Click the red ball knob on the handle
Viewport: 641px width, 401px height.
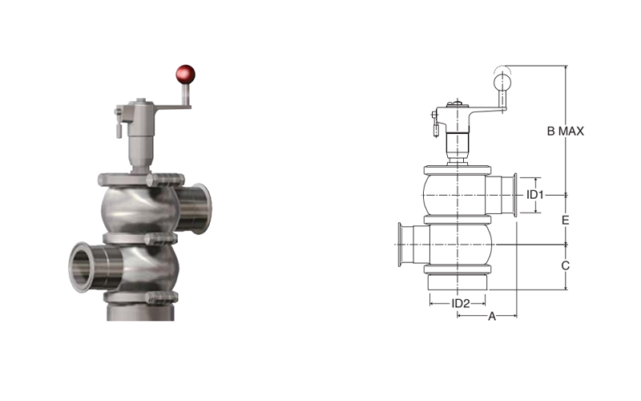(x=185, y=75)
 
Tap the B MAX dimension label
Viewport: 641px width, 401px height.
(x=566, y=132)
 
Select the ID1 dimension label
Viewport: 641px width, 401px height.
(x=534, y=195)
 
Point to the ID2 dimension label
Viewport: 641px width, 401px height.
(x=460, y=304)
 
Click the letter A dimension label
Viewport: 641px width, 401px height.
(x=492, y=316)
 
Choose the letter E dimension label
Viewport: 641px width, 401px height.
(x=566, y=220)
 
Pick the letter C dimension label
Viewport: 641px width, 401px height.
(x=566, y=266)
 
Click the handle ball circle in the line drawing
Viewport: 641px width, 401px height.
(x=502, y=83)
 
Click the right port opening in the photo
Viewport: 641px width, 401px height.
(x=202, y=209)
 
